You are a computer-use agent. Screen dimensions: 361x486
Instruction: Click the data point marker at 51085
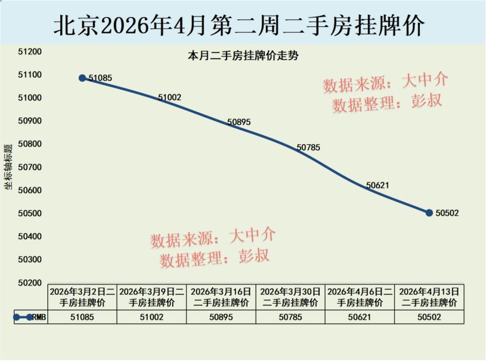(x=83, y=78)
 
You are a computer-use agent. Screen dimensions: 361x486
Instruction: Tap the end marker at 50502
(x=429, y=213)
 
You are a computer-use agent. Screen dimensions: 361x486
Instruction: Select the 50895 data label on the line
(x=239, y=122)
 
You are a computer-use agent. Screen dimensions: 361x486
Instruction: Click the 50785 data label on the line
(x=308, y=148)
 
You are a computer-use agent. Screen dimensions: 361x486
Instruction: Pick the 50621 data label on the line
(x=378, y=185)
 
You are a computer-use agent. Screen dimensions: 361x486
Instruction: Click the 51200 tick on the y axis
(x=30, y=52)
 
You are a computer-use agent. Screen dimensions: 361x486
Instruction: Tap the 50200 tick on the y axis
(x=30, y=283)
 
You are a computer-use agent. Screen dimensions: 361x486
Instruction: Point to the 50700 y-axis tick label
(x=30, y=168)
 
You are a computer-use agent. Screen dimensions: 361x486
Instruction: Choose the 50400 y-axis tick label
(x=30, y=237)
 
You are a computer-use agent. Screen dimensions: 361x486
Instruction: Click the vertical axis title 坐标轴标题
(x=8, y=167)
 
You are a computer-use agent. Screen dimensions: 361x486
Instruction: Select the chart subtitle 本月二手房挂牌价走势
(x=243, y=57)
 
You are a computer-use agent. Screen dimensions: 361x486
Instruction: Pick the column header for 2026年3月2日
(x=82, y=297)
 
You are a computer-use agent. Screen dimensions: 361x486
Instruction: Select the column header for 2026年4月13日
(x=429, y=297)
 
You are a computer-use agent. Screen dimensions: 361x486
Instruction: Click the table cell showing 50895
(x=221, y=317)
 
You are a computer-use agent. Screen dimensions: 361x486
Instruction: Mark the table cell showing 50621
(x=360, y=317)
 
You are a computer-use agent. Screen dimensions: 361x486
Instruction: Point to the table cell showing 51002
(x=152, y=317)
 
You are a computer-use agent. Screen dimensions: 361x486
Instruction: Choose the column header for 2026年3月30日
(x=290, y=297)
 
